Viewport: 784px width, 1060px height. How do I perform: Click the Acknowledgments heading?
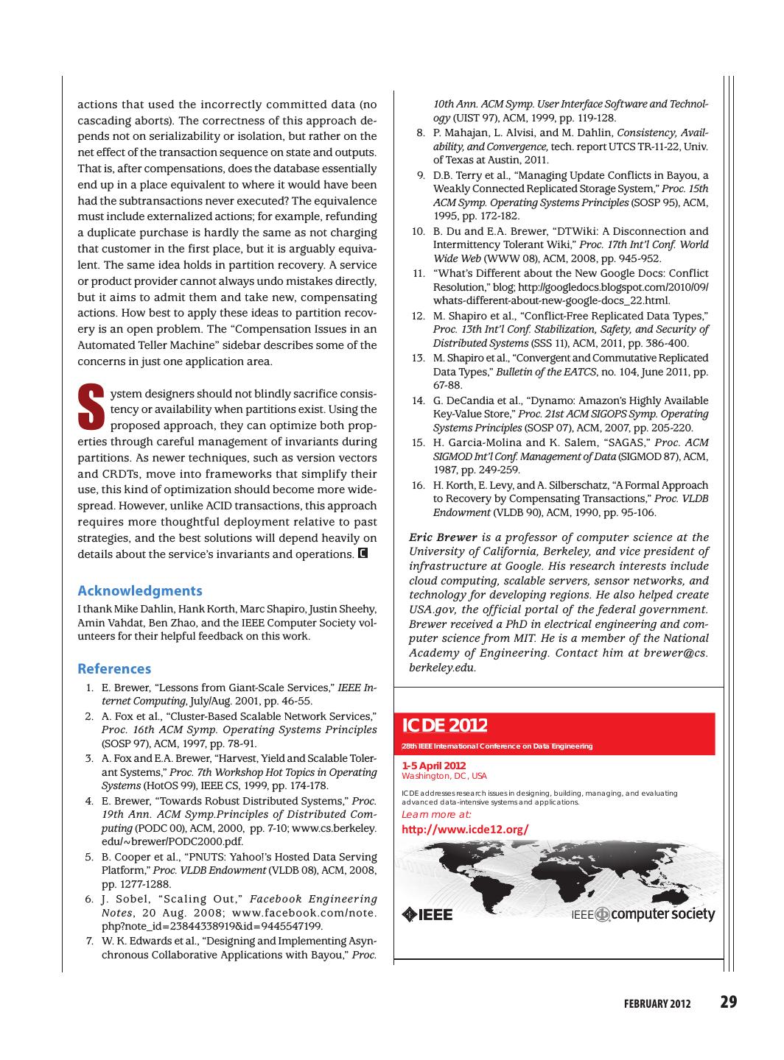(x=140, y=590)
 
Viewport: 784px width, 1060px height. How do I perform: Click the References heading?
(x=114, y=668)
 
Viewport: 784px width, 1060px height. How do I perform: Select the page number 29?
(x=728, y=1002)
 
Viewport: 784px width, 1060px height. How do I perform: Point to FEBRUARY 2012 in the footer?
(x=657, y=1004)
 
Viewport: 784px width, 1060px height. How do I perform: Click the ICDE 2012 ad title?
(x=444, y=725)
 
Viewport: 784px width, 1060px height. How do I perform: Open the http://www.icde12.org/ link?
(x=465, y=830)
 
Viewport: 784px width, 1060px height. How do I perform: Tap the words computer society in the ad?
(x=663, y=914)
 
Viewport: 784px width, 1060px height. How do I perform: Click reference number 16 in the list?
(x=418, y=485)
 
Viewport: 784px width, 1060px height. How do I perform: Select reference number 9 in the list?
(x=421, y=175)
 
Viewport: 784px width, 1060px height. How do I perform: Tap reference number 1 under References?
(x=89, y=688)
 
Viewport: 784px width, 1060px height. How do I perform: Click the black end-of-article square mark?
(x=363, y=553)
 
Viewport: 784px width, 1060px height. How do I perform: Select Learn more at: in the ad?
(x=436, y=814)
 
